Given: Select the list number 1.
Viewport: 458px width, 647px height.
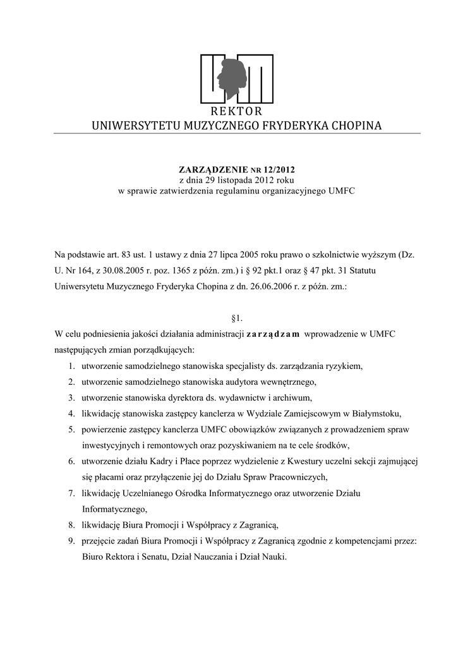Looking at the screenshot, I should (x=72, y=366).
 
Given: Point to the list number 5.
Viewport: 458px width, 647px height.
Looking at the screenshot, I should (x=72, y=430).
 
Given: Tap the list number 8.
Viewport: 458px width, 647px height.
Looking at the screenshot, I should (x=72, y=525).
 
